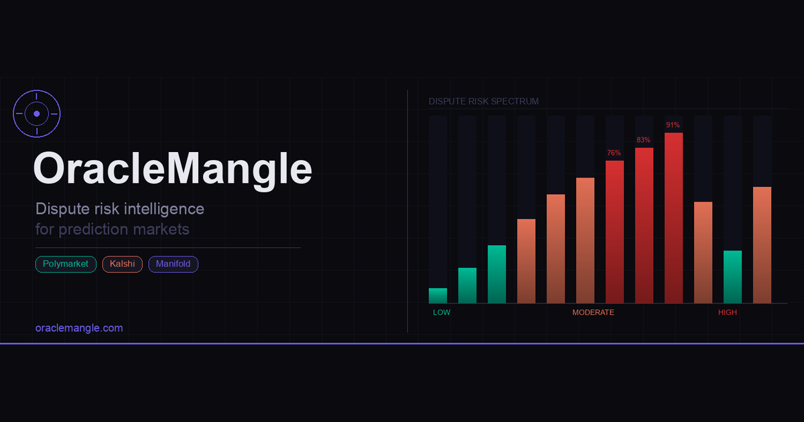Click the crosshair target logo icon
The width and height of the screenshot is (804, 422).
point(37,114)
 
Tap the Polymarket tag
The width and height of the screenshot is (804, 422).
point(66,265)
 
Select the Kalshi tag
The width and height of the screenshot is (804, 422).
point(122,265)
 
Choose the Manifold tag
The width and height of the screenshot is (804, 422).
point(173,265)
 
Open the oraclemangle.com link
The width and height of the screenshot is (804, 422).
point(79,328)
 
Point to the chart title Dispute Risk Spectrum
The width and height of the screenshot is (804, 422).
point(484,101)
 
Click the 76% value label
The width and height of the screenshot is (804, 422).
point(614,153)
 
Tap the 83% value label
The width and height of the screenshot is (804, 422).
point(644,140)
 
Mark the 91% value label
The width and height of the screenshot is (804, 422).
point(673,125)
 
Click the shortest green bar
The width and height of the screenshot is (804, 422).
point(438,295)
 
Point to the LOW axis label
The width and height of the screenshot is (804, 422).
point(442,313)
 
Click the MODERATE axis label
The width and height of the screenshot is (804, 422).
point(593,313)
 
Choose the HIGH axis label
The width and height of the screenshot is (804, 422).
point(728,313)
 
